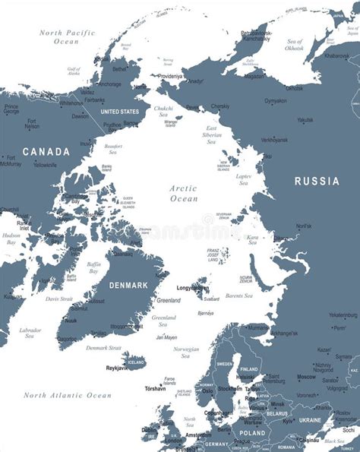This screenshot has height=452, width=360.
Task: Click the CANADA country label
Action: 46,152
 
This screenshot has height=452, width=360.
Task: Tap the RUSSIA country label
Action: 317,181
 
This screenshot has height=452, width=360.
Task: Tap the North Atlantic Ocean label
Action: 67,395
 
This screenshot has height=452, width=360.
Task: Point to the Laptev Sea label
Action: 244,179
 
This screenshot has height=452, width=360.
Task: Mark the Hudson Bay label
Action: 11,239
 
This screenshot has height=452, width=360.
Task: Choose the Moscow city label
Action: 306,377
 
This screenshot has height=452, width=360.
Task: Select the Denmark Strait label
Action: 103,348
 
